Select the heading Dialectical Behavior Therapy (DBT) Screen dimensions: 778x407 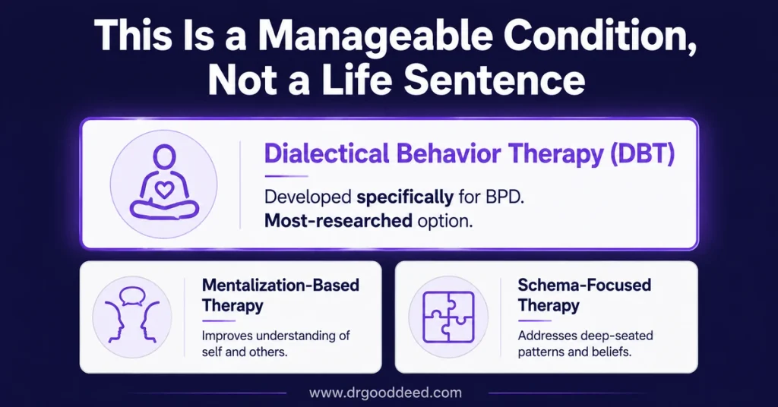(x=470, y=153)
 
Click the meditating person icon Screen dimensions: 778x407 (x=164, y=184)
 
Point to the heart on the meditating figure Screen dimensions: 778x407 (x=164, y=189)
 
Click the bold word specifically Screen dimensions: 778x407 (x=405, y=197)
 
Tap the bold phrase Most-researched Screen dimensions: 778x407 (x=338, y=220)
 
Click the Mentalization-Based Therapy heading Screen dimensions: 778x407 (x=280, y=295)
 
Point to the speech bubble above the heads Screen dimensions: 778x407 (x=132, y=296)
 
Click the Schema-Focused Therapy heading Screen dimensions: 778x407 (x=584, y=295)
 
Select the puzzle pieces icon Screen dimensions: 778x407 (x=448, y=317)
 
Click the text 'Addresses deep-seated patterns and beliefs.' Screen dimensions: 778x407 (x=586, y=343)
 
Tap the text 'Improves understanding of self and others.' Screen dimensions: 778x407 (x=276, y=343)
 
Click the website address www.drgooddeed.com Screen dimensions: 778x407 (x=385, y=393)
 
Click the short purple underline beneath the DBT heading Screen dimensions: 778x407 (x=286, y=176)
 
